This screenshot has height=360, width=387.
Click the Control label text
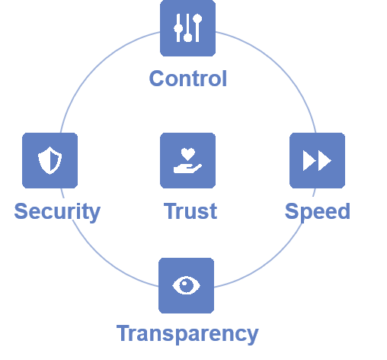tap(188, 79)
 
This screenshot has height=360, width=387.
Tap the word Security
tap(57, 212)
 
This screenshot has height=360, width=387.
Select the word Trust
tap(190, 211)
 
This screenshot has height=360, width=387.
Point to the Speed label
tap(318, 212)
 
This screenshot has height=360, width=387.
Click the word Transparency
tap(187, 334)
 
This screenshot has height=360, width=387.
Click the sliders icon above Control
tap(188, 28)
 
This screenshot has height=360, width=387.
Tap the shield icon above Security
tap(50, 160)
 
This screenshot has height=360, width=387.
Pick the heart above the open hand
tap(188, 154)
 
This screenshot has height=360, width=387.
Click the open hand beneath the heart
tap(187, 169)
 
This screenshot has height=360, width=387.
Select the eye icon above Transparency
tap(186, 285)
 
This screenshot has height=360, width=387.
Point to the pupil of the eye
tap(186, 285)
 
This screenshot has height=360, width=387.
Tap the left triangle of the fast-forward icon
tap(309, 160)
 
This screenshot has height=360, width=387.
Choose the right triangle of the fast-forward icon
tap(325, 160)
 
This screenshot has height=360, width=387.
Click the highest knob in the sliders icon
tap(197, 19)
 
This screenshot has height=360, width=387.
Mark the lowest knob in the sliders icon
tap(188, 37)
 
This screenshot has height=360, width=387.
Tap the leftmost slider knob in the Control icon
tap(178, 28)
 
